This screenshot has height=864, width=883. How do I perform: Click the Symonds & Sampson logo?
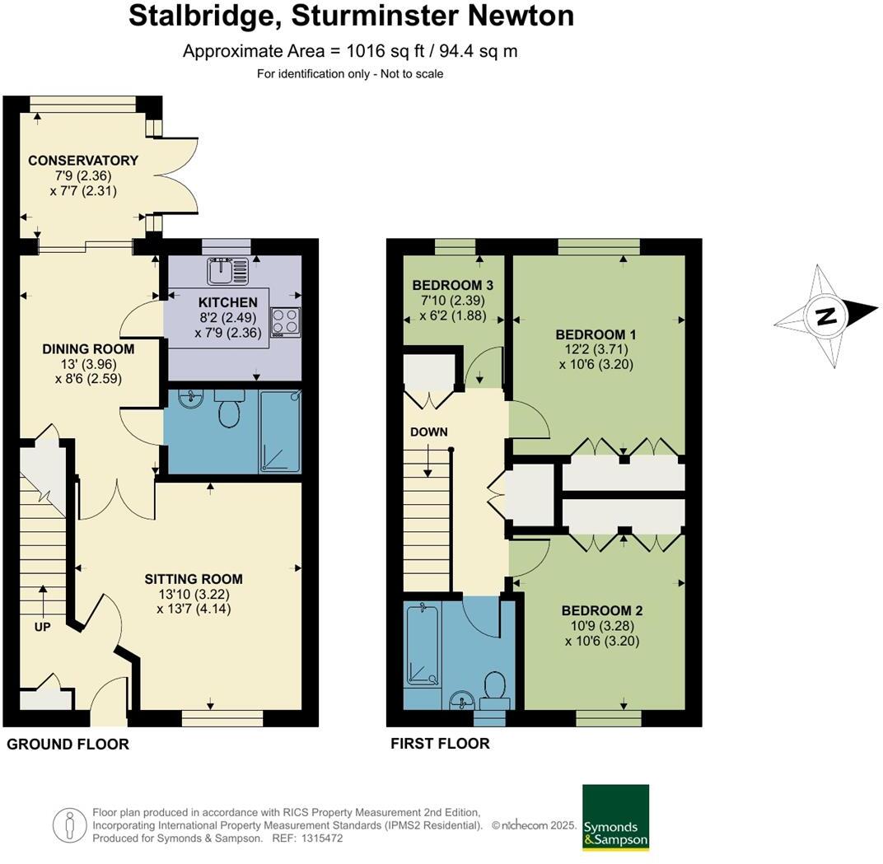pos(615,817)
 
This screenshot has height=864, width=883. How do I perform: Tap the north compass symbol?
pos(826,315)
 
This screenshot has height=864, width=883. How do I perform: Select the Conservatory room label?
pos(83,161)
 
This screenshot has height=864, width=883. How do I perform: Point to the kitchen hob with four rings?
pos(286,321)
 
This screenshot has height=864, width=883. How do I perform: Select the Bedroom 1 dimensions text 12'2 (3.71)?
pos(596,349)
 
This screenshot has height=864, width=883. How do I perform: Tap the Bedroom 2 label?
pos(601,611)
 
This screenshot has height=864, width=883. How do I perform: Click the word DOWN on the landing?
pos(428,432)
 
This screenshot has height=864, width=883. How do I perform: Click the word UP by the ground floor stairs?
pos(42,627)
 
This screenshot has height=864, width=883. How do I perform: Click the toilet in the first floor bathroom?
pos(496,689)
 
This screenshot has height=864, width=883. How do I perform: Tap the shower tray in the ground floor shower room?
pos(280,432)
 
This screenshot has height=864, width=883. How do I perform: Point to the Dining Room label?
pos(88,349)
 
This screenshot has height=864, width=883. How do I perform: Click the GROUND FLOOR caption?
pos(68,745)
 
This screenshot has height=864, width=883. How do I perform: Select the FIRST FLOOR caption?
pos(440,744)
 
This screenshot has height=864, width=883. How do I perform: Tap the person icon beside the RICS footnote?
pos(69,824)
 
